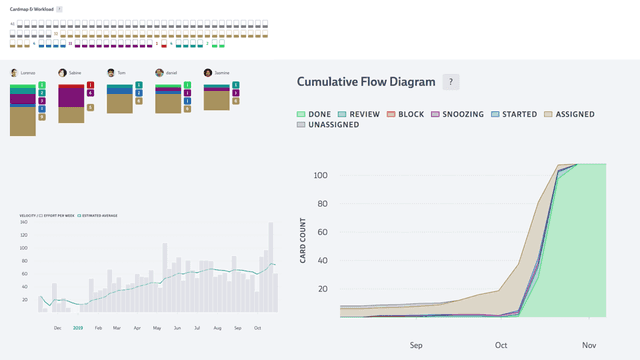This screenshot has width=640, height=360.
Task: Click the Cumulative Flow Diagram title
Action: coord(366,82)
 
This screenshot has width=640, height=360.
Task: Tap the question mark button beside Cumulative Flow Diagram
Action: coord(451,82)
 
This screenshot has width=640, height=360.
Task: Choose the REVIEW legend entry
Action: coord(359,114)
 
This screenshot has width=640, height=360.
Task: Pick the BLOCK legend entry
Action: coord(405,114)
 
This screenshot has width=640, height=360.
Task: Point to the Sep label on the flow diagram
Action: coord(416,346)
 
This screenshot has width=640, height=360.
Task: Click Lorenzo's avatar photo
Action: coord(13,73)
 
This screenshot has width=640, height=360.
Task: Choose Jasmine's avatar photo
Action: coord(208,73)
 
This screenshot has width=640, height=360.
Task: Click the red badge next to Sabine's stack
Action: coord(91,85)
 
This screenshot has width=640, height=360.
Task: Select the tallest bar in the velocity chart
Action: coord(269,263)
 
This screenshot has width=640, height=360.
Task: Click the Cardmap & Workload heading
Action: coord(31,8)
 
